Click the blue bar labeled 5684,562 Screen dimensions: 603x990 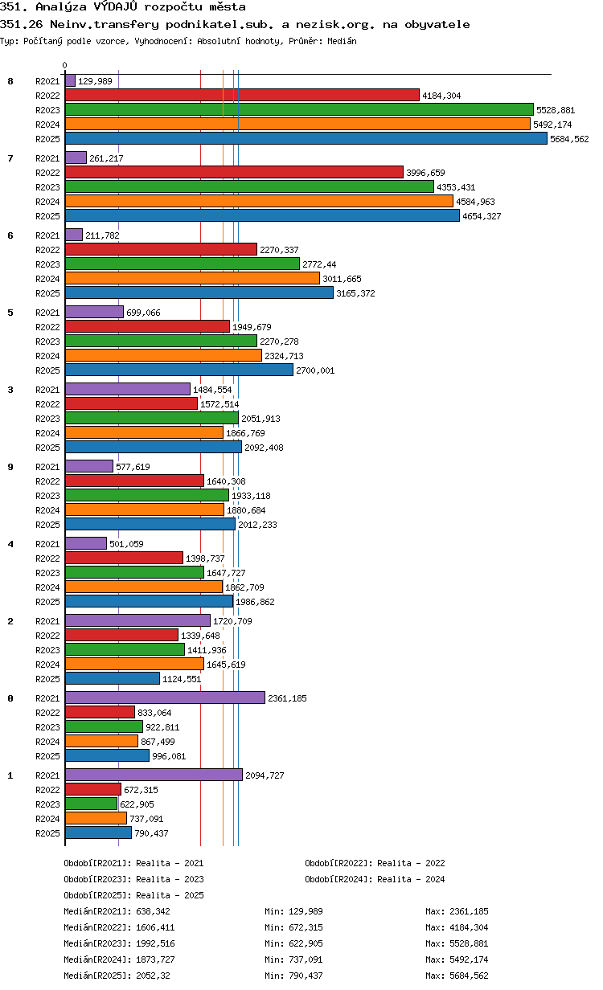[306, 138]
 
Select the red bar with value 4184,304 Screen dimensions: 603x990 [242, 95]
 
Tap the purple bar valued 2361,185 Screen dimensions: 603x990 [165, 697]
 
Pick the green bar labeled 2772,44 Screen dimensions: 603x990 [183, 264]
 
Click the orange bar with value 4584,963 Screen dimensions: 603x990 [259, 201]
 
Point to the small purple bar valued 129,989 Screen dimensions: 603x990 [70, 80]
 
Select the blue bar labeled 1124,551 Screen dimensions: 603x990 [113, 678]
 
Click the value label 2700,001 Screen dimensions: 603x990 [315, 370]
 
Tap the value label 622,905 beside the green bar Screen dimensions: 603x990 [137, 804]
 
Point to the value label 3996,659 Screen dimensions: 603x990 [426, 173]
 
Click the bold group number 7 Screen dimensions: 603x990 [10, 158]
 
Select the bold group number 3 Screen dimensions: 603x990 [10, 390]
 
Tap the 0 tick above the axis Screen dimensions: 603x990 [64, 65]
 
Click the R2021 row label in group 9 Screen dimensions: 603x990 [47, 467]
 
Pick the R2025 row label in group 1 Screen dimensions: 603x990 [47, 833]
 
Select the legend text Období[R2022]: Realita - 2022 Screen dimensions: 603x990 [375, 863]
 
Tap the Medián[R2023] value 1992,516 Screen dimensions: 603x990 [155, 943]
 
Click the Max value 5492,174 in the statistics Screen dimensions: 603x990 [469, 959]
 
